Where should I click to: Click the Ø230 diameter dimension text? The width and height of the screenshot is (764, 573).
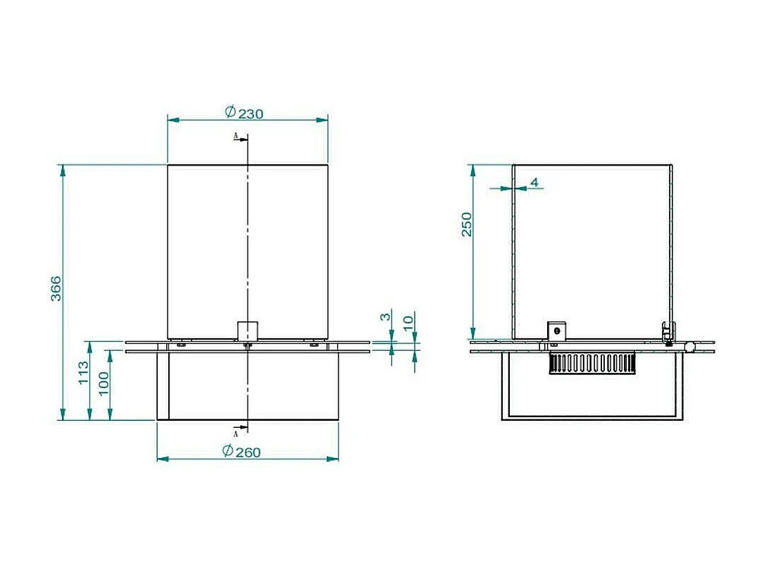coord(244,113)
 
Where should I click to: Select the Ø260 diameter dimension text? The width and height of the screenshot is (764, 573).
coord(242,452)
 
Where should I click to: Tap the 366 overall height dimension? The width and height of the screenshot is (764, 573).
coord(56,288)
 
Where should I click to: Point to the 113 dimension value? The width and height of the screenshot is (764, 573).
coord(83,372)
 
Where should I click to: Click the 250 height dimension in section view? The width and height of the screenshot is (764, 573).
coord(467,224)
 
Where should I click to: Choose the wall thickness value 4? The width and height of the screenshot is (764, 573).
coord(534,183)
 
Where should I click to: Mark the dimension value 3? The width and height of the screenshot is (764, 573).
coord(384,317)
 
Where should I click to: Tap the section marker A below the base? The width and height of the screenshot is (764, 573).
coord(235,433)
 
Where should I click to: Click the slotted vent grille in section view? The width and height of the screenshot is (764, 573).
coord(592,364)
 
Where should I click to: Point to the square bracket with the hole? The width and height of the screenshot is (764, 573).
coord(557,330)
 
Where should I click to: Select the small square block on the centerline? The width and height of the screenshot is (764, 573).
coord(248,331)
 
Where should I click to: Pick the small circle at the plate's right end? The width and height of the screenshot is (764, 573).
coord(691,347)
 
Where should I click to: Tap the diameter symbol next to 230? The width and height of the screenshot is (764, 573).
coord(230,111)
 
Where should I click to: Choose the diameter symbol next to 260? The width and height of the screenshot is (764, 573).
coord(227,451)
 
